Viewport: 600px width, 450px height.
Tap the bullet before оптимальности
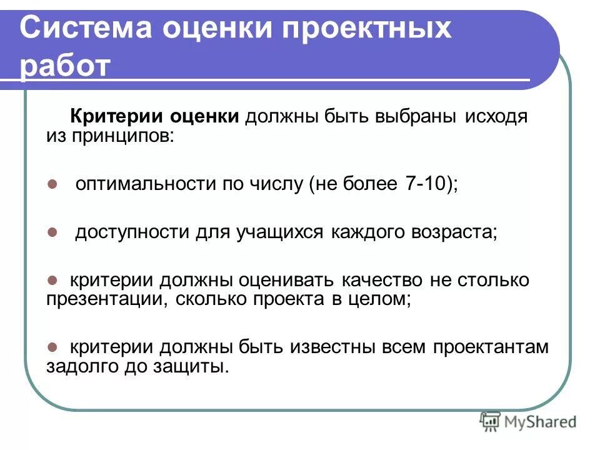[x=52, y=184]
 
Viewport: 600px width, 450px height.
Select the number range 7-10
[x=424, y=184]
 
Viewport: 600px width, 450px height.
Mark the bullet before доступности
[x=52, y=232]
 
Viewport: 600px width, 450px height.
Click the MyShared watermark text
[x=541, y=422]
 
